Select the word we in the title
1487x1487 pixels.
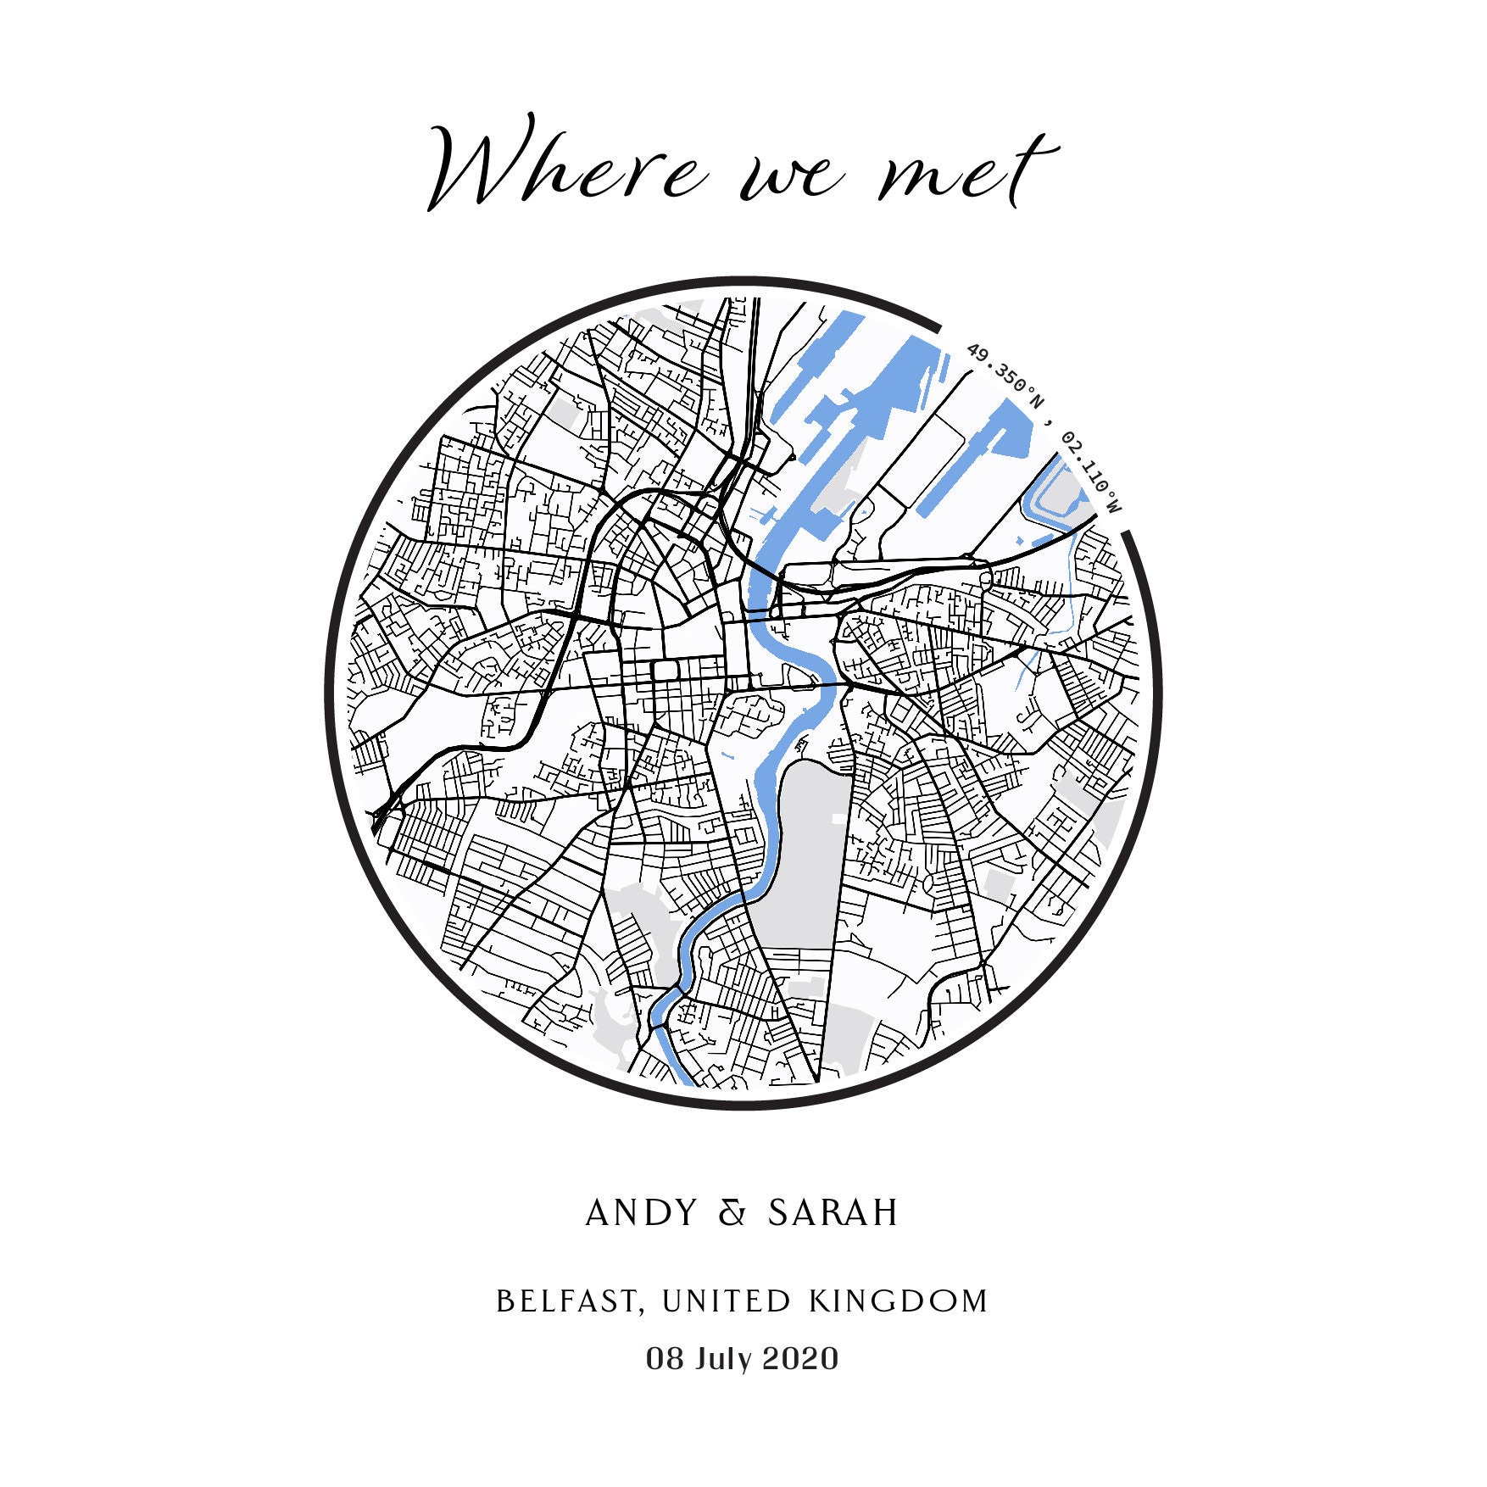(793, 178)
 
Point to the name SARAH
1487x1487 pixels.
(833, 1213)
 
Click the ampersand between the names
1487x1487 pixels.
(732, 1213)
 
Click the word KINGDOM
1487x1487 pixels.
(899, 1300)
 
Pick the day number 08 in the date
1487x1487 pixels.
(665, 1358)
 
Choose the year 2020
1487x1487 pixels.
(801, 1358)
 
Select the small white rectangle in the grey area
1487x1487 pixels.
(838, 818)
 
